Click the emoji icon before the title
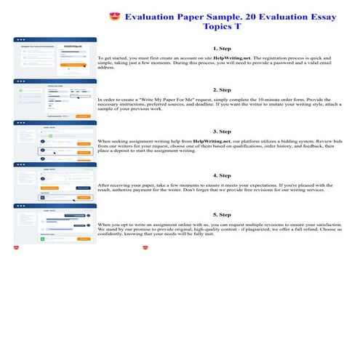click(113, 16)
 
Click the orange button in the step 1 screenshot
click(79, 65)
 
